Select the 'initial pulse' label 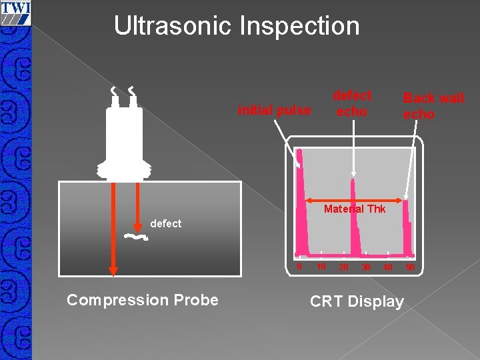point(274,110)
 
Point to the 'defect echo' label point(351,103)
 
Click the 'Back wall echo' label point(433,106)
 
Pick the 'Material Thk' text point(354,209)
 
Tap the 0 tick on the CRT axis point(299,267)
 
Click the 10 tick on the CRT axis point(320,267)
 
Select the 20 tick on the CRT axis point(343,267)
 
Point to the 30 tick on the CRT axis point(365,267)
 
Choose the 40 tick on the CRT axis point(387,267)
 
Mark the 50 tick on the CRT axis point(409,267)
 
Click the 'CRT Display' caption point(357,301)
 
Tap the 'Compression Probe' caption point(143,300)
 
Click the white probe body point(125,140)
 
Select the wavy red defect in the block point(135,237)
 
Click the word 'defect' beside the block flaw point(165,223)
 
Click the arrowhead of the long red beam point(113,270)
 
